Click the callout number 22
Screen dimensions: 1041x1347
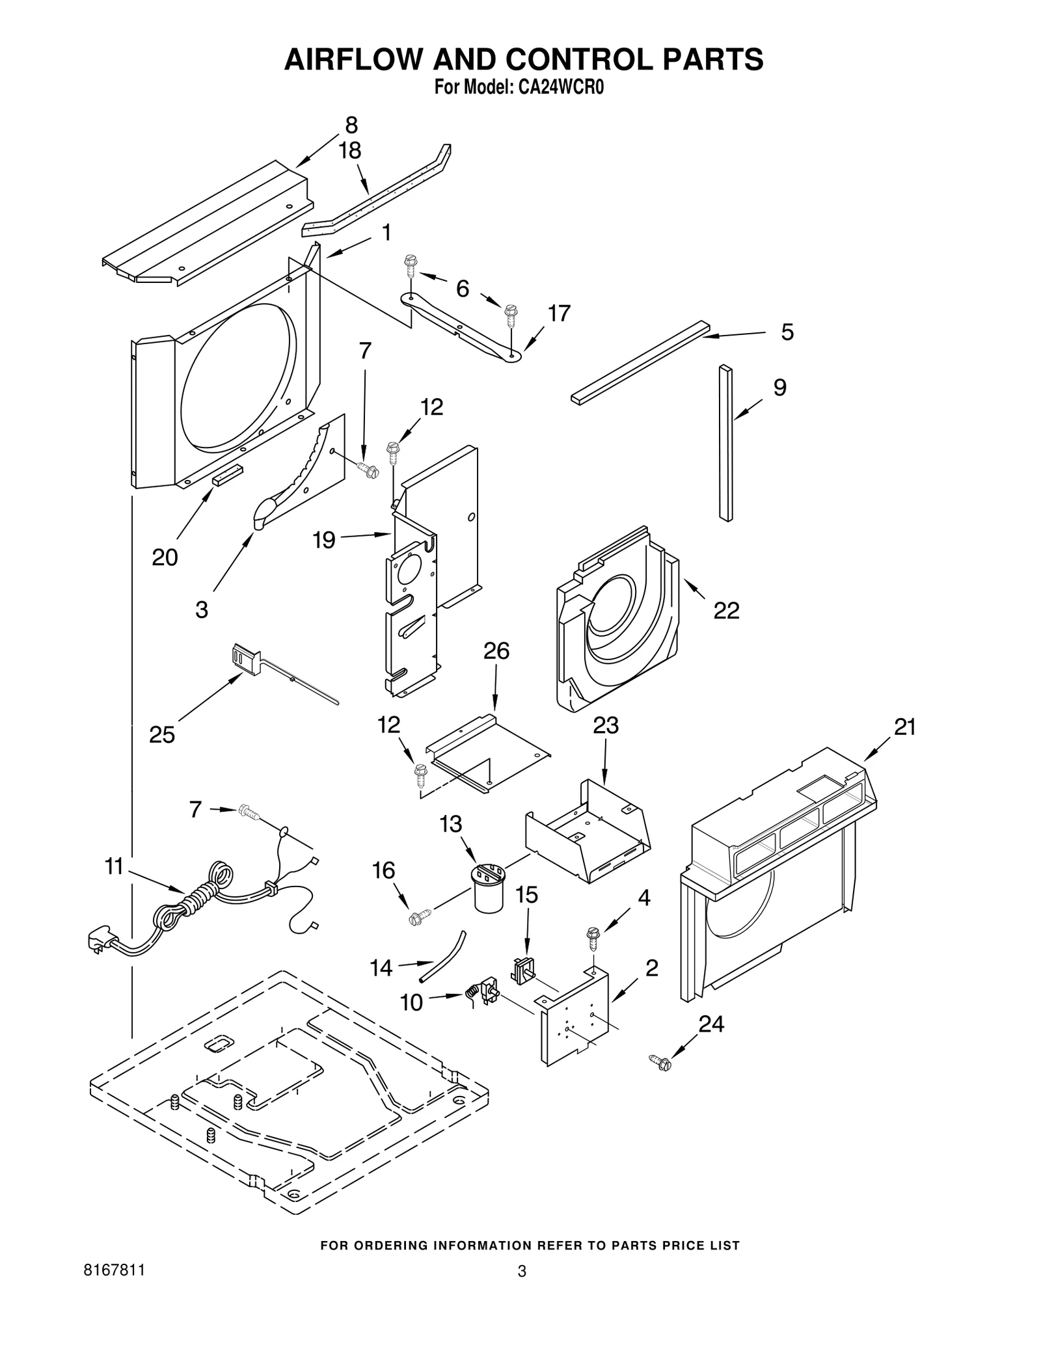726,610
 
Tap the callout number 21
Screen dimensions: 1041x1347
904,727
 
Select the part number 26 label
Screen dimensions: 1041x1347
496,650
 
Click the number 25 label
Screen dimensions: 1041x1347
162,734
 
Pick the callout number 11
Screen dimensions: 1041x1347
114,866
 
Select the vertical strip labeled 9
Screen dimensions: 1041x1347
725,442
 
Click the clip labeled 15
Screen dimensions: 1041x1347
524,971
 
